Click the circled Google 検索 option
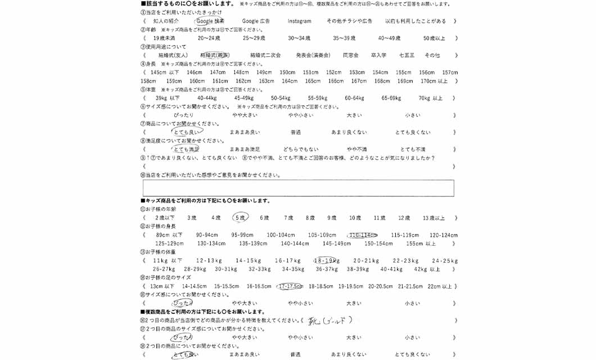click(210, 21)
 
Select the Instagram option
click(299, 21)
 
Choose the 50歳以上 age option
click(434, 38)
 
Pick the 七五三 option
click(407, 55)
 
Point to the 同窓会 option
click(351, 55)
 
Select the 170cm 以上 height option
click(434, 81)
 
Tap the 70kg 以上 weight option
click(431, 98)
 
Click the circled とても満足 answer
click(186, 149)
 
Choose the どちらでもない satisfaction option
click(301, 149)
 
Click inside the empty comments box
click(298, 188)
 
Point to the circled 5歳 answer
click(240, 218)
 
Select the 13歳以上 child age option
click(434, 218)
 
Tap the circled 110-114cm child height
click(363, 235)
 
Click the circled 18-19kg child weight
click(326, 261)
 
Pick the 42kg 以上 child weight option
click(427, 269)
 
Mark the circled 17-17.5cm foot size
click(290, 286)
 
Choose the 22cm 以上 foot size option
click(439, 286)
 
